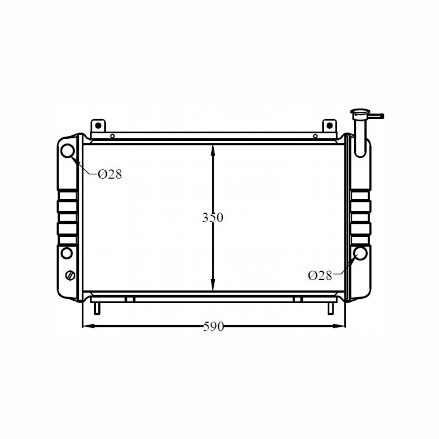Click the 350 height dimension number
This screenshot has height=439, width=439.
pyautogui.click(x=213, y=217)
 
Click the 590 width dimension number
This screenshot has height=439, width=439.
pyautogui.click(x=213, y=326)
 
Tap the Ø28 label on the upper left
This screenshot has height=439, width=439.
pyautogui.click(x=110, y=175)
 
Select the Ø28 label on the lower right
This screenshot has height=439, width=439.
pyautogui.click(x=320, y=275)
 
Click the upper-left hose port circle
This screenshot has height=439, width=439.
pyautogui.click(x=67, y=151)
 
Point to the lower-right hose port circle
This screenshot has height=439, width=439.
pyautogui.click(x=360, y=253)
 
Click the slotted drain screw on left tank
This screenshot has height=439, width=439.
pyautogui.click(x=71, y=275)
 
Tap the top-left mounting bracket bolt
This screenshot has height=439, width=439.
pyautogui.click(x=98, y=125)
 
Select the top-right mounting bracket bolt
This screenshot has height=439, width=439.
pyautogui.click(x=329, y=125)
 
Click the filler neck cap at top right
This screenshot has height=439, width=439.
pyautogui.click(x=360, y=112)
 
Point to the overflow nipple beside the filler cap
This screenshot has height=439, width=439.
pyautogui.click(x=377, y=116)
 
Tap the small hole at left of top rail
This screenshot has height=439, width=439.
pyautogui.click(x=112, y=136)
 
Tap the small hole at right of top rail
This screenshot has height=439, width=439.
pyautogui.click(x=315, y=136)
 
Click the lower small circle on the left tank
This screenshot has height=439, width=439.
pyautogui.click(x=67, y=253)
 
